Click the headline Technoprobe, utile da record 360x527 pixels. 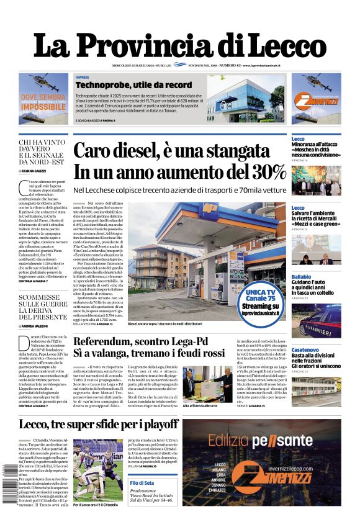pos(133,85)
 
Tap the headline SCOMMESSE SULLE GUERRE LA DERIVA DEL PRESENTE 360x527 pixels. pos(43,307)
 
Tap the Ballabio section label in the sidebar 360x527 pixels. pos(301,276)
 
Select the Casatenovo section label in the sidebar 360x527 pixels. pos(305,349)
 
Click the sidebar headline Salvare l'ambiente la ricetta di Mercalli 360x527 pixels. pos(315,218)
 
